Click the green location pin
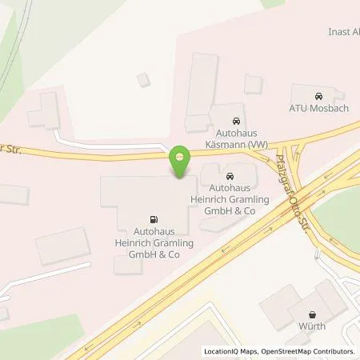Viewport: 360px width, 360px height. pos(181,160)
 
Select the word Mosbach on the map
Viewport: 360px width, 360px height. pos(331,108)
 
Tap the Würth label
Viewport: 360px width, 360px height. pos(311,326)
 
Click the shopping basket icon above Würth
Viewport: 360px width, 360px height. pos(311,313)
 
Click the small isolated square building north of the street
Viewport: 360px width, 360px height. pos(143,79)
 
